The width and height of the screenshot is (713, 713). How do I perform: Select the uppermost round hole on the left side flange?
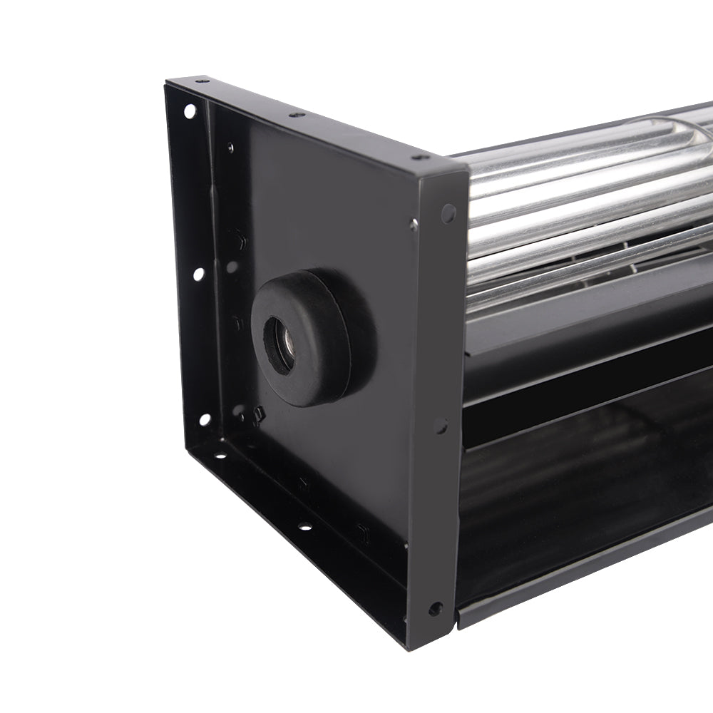click(190, 111)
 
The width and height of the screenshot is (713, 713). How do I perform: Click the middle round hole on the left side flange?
click(198, 273)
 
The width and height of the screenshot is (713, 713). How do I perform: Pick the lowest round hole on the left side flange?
click(205, 419)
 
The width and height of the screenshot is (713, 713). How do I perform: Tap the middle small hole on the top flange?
click(293, 114)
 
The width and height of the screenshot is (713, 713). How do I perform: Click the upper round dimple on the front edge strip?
click(448, 212)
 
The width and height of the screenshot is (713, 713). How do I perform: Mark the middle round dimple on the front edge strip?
click(441, 426)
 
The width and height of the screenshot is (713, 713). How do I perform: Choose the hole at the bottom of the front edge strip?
click(434, 608)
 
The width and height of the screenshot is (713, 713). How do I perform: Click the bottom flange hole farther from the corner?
click(304, 528)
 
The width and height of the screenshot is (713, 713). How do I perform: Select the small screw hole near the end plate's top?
click(230, 148)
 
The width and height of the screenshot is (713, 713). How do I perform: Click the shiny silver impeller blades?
click(570, 200)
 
